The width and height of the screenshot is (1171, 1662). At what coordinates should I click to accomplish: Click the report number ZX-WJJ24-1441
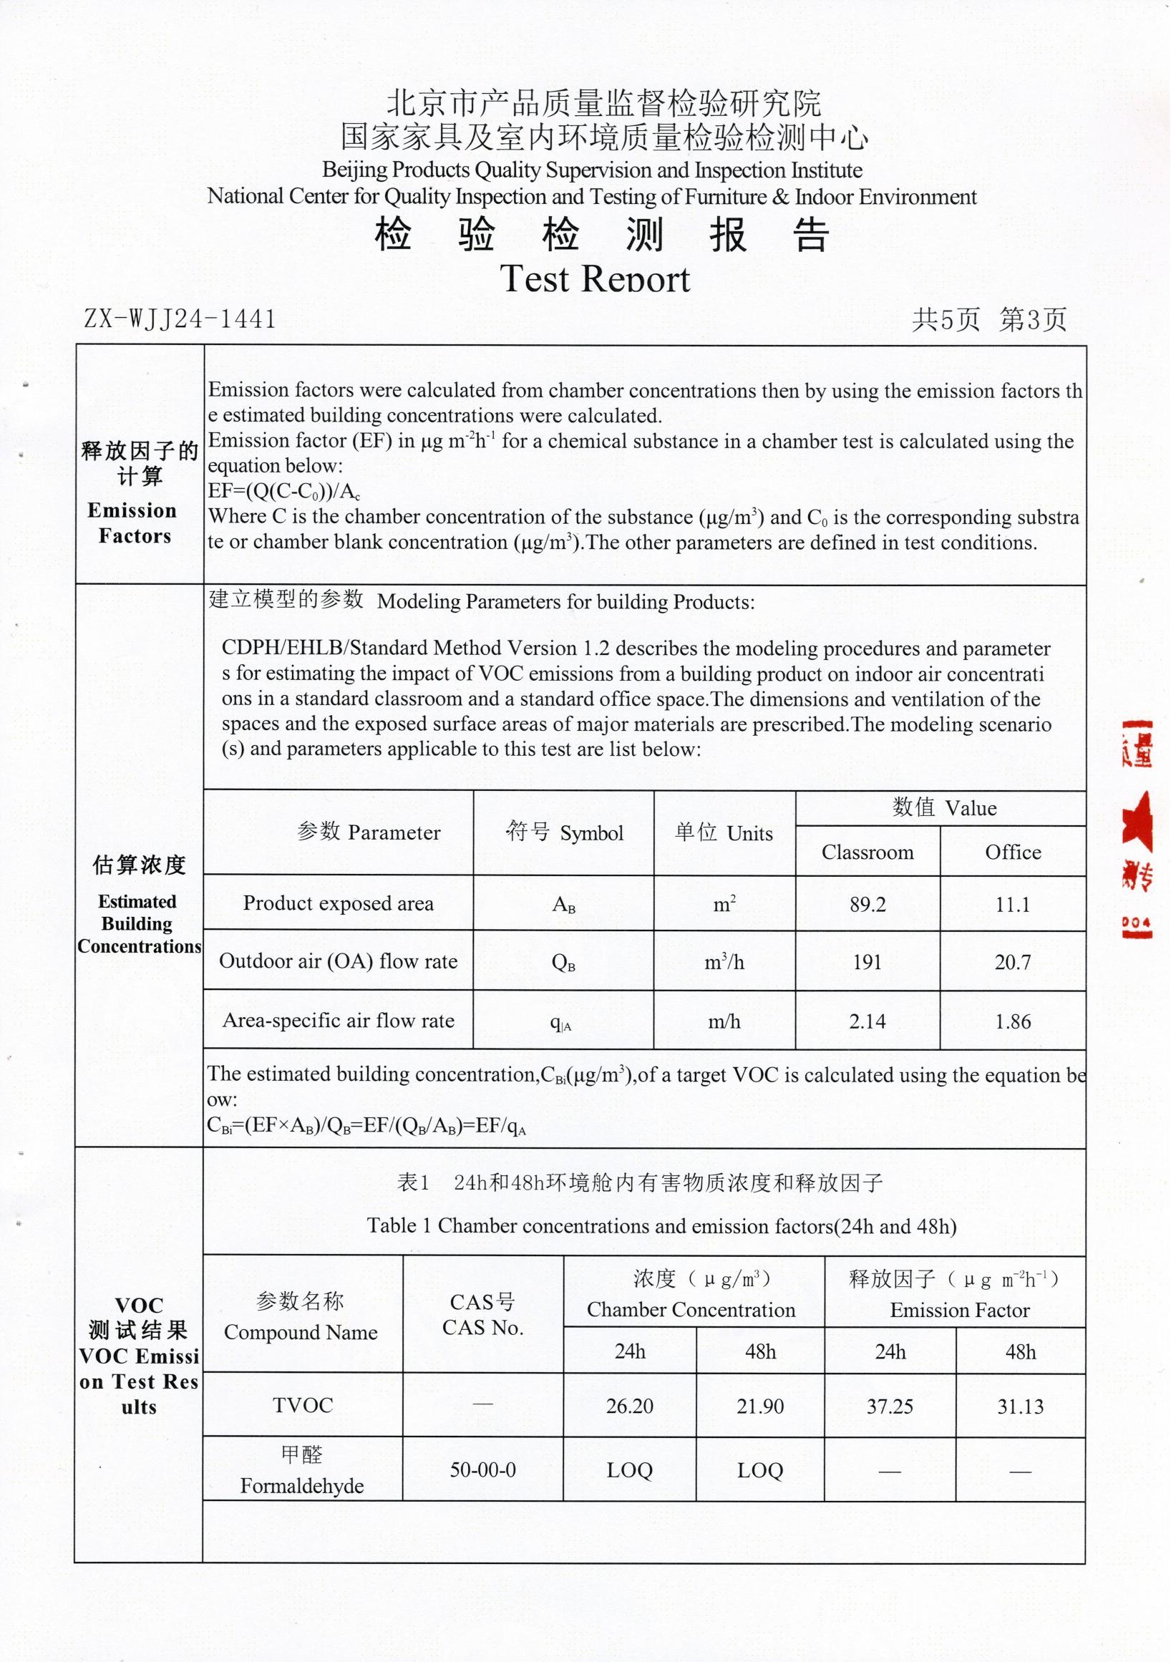click(180, 319)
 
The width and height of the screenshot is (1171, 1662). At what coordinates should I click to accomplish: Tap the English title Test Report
click(595, 279)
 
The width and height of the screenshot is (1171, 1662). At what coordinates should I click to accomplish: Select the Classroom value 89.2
click(867, 904)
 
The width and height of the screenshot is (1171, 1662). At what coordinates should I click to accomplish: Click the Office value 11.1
click(1012, 904)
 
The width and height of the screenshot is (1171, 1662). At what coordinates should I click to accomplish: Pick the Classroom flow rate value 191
click(867, 962)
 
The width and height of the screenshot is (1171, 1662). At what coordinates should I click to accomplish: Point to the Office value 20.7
click(1012, 962)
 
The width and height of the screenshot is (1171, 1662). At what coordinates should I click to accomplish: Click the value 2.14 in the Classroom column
click(867, 1021)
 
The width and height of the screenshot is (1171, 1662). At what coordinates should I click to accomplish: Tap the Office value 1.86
click(1012, 1021)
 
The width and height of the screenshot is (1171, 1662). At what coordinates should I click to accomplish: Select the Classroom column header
click(867, 852)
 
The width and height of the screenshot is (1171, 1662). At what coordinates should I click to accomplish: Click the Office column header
click(1013, 852)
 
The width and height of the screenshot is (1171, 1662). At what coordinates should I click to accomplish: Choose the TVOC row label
click(303, 1406)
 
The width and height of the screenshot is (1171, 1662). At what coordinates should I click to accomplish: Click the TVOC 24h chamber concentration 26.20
click(629, 1406)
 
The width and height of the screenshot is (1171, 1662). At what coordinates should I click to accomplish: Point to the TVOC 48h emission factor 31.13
click(1020, 1406)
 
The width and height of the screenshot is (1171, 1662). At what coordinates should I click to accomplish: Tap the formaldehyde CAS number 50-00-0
click(482, 1470)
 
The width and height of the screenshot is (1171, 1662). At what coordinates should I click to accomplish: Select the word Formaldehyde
click(302, 1486)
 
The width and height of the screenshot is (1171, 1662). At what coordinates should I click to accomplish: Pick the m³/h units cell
click(724, 962)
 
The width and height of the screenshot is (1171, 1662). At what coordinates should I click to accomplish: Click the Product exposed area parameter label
click(338, 903)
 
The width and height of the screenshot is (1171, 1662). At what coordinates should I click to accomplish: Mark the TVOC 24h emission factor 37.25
click(890, 1406)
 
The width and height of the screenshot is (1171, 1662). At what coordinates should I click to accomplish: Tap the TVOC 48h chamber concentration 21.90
click(760, 1406)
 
